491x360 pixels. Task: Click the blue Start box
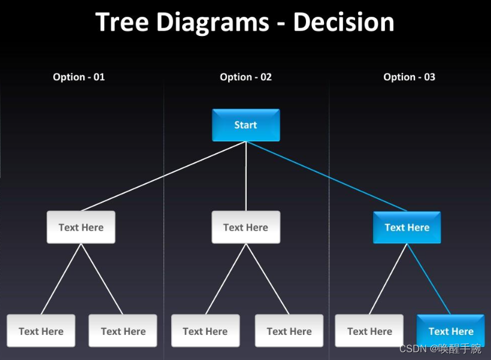click(x=245, y=125)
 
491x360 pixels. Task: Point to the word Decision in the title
click(x=343, y=23)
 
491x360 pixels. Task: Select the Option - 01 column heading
click(x=78, y=77)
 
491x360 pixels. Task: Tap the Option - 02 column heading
click(x=245, y=77)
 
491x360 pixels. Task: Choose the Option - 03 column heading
click(x=409, y=77)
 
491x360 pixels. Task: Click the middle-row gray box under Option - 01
click(x=81, y=227)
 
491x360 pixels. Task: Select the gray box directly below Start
click(x=245, y=227)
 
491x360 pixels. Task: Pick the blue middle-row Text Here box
click(x=407, y=227)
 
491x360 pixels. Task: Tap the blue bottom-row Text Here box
click(x=450, y=331)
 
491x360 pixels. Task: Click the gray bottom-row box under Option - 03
click(x=369, y=331)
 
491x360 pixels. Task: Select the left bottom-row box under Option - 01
click(x=41, y=331)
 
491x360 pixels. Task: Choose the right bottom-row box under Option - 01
click(x=123, y=331)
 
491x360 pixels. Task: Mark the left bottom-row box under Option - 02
click(x=205, y=331)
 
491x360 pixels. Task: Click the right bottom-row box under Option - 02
click(x=289, y=331)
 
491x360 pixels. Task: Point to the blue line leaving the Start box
click(x=326, y=176)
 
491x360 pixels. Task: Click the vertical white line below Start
click(x=245, y=176)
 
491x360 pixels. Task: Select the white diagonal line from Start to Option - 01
click(x=163, y=176)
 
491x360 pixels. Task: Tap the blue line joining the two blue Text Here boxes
click(x=428, y=279)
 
